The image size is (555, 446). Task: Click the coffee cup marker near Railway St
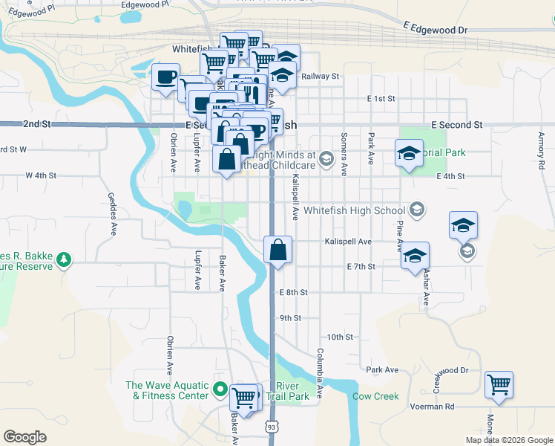click(x=165, y=76)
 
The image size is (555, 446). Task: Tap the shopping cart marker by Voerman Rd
click(x=499, y=385)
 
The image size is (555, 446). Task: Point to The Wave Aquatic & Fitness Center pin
click(x=220, y=390)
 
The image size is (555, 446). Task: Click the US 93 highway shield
click(x=272, y=427)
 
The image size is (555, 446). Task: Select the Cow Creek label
click(x=375, y=396)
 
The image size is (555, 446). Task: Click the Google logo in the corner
click(x=25, y=436)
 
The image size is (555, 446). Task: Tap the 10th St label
click(x=340, y=337)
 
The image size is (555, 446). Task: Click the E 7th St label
click(x=361, y=266)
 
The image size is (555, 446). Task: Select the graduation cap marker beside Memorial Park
click(x=407, y=154)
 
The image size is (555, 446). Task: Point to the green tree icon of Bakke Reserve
click(x=65, y=259)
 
